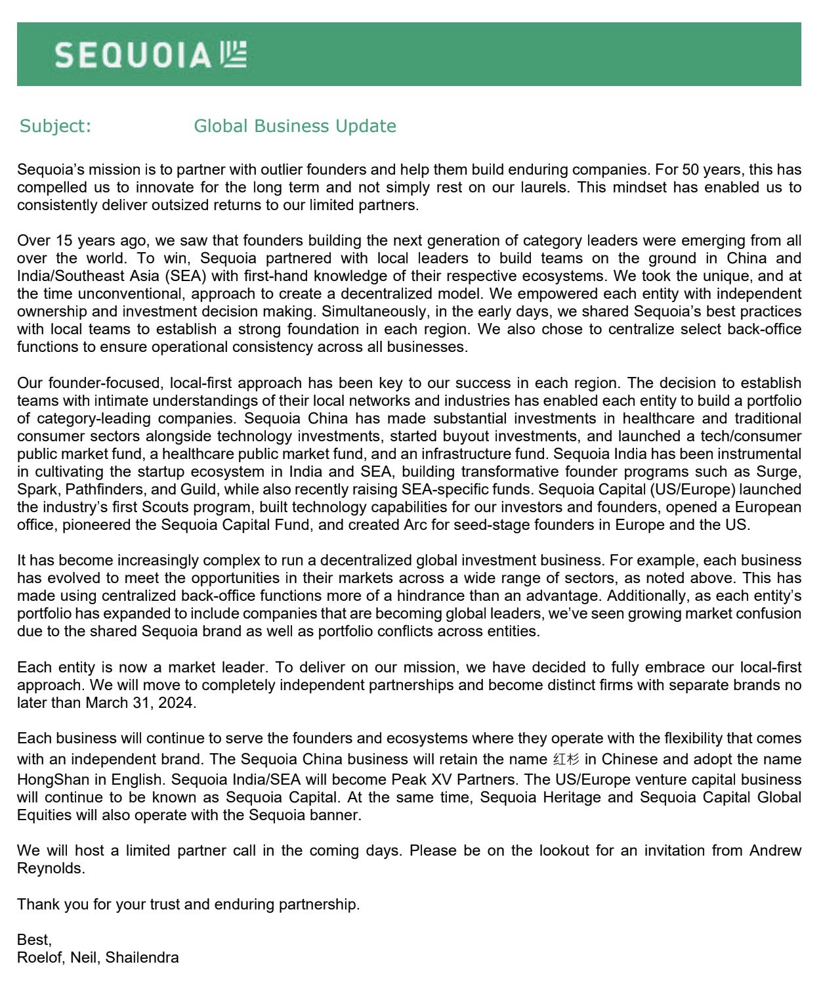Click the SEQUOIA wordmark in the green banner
coord(133,55)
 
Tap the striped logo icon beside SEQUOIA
coord(233,55)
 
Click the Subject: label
coord(55,126)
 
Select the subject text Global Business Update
coord(295,126)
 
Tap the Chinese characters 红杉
coord(566,760)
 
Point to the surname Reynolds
coord(50,868)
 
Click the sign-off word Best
coord(33,940)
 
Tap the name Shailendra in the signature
coord(142,957)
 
